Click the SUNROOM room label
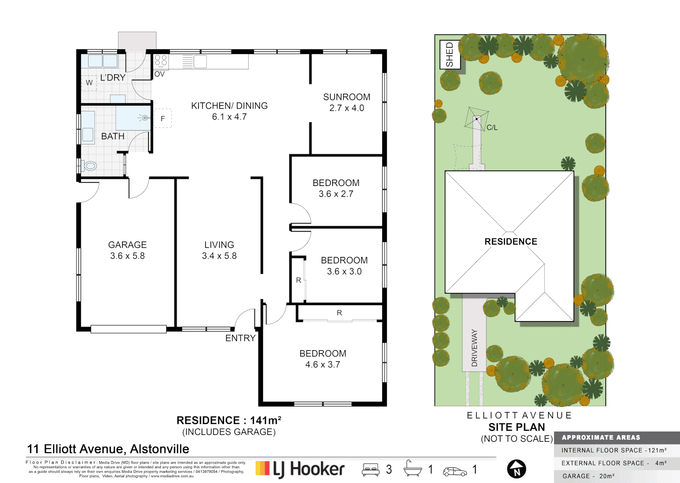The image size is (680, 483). [x=346, y=97]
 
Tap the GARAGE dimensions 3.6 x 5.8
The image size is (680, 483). [x=127, y=256]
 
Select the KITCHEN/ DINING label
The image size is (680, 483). [x=229, y=106]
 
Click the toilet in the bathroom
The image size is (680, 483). [x=90, y=166]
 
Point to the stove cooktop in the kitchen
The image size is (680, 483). [x=161, y=61]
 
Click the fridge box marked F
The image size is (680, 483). [x=163, y=119]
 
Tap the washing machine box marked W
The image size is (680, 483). [x=89, y=83]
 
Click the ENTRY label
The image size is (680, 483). [x=240, y=338]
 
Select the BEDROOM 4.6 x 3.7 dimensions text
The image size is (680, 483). [x=322, y=364]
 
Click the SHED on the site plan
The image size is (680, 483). [x=449, y=55]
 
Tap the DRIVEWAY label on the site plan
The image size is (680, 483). [x=474, y=348]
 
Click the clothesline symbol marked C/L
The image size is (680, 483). [x=477, y=119]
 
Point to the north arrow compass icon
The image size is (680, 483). [x=516, y=469]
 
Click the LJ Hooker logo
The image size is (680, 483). [x=300, y=469]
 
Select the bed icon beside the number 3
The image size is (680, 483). [x=371, y=470]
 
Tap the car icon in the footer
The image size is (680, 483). [x=454, y=471]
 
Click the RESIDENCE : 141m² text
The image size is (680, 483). [x=228, y=420]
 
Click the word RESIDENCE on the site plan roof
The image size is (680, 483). [x=511, y=241]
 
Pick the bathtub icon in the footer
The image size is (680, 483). [x=412, y=469]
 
